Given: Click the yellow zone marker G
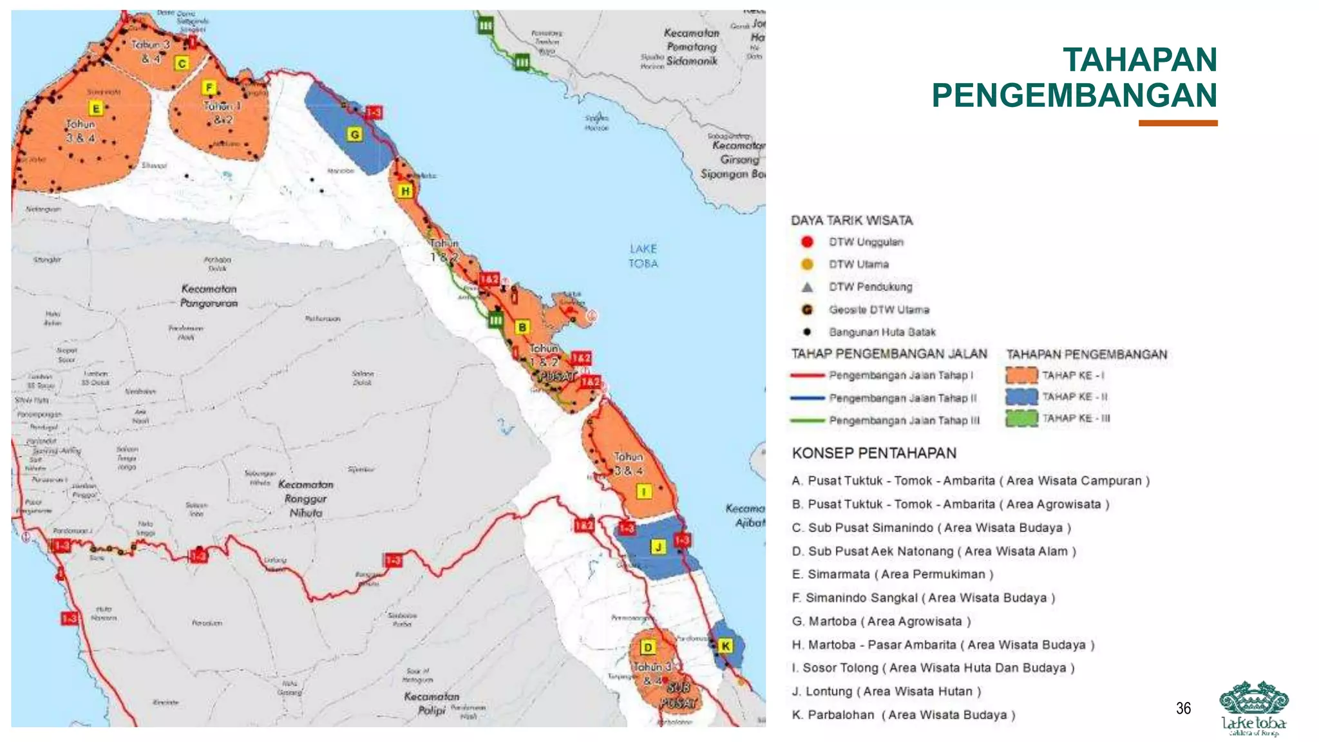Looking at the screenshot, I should click(x=354, y=135).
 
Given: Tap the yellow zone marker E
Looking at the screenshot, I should click(x=96, y=108).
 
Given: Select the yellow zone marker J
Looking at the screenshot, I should click(x=658, y=547).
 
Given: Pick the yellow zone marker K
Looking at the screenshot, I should click(x=725, y=646).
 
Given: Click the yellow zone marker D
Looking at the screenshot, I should click(x=648, y=647).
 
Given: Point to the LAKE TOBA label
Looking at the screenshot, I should click(x=643, y=256).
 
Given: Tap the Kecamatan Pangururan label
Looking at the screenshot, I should click(x=209, y=296).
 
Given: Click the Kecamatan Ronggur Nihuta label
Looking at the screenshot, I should click(x=306, y=499).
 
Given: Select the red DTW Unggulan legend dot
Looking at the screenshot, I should click(x=807, y=242).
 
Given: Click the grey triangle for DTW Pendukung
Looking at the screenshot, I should click(x=807, y=287).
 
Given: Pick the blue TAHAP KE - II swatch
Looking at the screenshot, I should click(x=1021, y=397).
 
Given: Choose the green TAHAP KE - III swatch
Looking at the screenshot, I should click(x=1021, y=419).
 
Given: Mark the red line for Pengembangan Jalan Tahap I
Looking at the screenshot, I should click(x=808, y=376).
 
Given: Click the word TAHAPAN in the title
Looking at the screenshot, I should click(x=1139, y=60).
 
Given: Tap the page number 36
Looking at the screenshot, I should click(x=1183, y=709).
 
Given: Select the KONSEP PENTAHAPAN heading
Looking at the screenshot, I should click(x=874, y=453).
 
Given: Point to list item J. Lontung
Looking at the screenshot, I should click(x=886, y=692).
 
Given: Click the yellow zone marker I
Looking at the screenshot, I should click(x=643, y=492).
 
